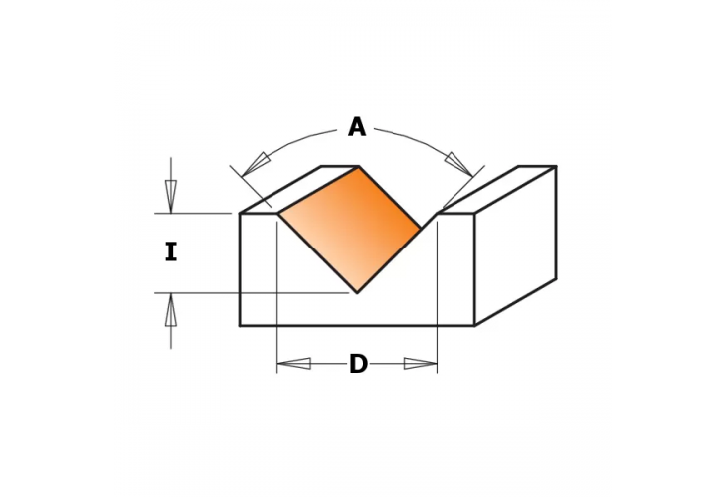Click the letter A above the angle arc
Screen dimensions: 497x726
356,127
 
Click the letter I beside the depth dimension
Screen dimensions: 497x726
170,252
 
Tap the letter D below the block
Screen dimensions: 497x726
358,365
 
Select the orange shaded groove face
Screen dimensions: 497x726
349,227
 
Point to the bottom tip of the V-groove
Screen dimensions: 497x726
357,292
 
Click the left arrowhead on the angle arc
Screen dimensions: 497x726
257,163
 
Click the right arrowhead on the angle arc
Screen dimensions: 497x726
457,163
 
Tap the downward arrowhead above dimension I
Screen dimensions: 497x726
170,196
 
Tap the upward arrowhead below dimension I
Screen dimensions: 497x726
170,311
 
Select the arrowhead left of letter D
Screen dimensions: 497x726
294,364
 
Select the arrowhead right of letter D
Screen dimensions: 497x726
420,364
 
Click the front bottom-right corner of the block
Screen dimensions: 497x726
474,325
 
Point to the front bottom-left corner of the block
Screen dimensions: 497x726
240,325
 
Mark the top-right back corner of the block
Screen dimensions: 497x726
556,167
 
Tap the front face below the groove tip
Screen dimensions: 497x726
357,309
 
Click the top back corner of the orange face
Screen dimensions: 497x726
358,167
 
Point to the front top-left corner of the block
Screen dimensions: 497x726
240,213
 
